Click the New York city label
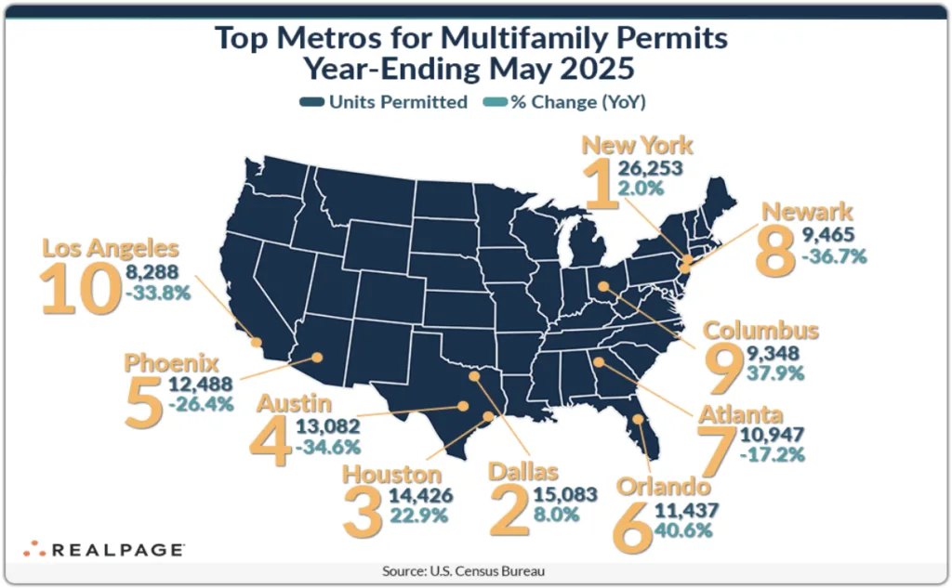[x=637, y=145]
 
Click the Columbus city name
[x=760, y=331]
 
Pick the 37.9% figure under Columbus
[x=771, y=374]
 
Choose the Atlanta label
[x=742, y=413]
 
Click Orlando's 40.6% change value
[x=687, y=531]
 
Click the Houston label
[x=392, y=474]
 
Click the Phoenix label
[x=171, y=362]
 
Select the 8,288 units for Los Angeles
[x=157, y=274]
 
